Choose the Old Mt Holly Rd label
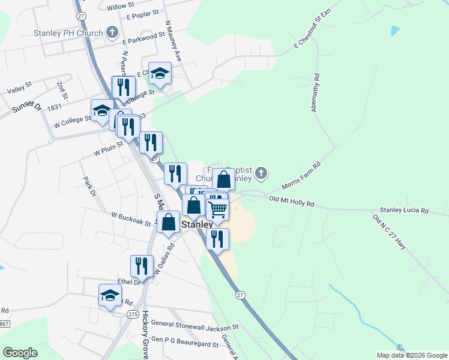(x=292, y=202)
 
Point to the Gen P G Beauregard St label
(x=185, y=344)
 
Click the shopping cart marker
(x=217, y=209)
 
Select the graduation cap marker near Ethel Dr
(x=110, y=295)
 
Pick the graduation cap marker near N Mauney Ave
(x=160, y=73)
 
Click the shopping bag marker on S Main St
(x=169, y=221)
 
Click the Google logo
(x=20, y=353)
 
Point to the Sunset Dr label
(x=26, y=109)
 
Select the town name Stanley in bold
(x=197, y=225)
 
